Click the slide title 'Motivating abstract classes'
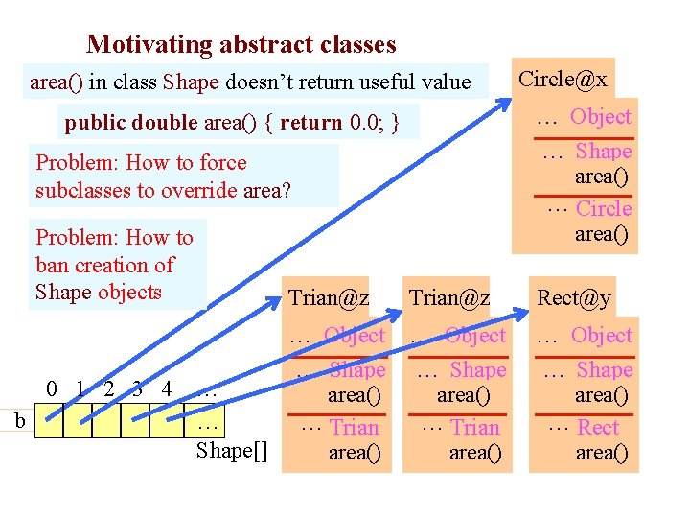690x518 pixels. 241,44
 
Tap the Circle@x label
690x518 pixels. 563,79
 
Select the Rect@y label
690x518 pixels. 574,298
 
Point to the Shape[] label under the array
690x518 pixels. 231,451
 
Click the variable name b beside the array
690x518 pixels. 20,420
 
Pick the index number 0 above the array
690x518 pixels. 53,389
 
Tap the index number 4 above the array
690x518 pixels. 167,389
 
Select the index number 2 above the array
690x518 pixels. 109,389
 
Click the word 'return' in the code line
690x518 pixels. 310,123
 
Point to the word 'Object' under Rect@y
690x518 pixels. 602,336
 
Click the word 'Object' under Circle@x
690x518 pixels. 601,117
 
